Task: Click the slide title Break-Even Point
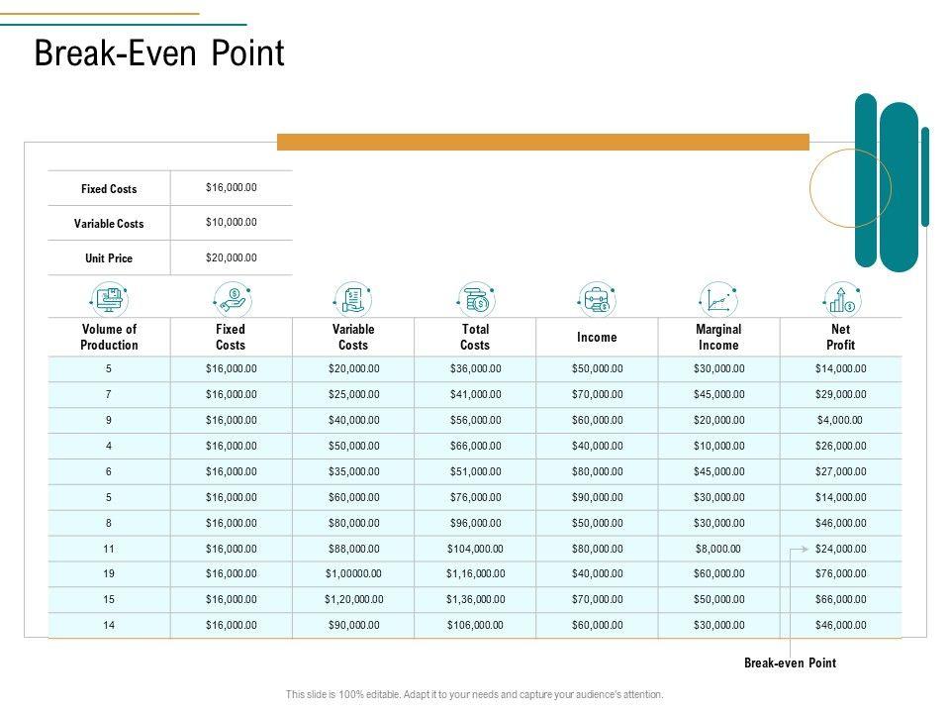(159, 54)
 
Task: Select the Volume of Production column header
(109, 337)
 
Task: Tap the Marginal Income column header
(718, 337)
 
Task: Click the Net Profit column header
(840, 337)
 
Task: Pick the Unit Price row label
(109, 258)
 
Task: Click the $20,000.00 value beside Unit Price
(231, 257)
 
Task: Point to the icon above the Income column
(597, 298)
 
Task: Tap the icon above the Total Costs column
(475, 298)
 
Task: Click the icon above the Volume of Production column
(109, 298)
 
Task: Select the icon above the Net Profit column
(840, 298)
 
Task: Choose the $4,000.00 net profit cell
(840, 420)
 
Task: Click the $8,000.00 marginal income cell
(718, 549)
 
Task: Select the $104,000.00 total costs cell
(475, 549)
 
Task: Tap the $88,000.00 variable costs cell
(353, 549)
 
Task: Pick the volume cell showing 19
(109, 573)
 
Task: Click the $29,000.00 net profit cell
(840, 394)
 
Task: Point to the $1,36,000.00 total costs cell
(475, 599)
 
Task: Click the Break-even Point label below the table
(790, 663)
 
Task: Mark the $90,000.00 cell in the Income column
(597, 497)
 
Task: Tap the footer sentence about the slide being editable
(475, 695)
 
